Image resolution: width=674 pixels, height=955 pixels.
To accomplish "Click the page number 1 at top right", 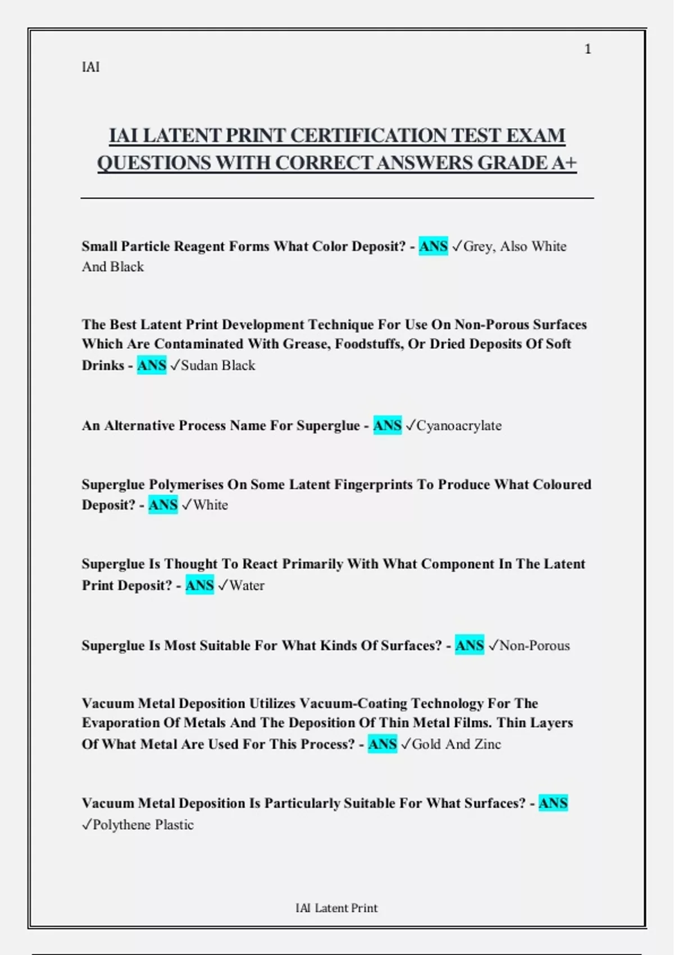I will click(x=588, y=49).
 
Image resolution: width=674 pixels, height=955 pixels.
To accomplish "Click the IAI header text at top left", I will click(x=90, y=67).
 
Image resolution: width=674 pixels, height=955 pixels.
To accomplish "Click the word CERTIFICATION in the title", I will click(x=368, y=136).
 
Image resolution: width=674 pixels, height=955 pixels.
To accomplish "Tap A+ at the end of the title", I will click(x=563, y=163).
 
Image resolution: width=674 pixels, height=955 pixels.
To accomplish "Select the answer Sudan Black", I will click(x=218, y=366).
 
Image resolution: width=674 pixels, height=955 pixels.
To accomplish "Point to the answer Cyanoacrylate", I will click(x=459, y=426).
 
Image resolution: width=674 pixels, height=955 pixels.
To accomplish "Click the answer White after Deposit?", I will click(x=211, y=505).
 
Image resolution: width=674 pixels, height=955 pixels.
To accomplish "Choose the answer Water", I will click(x=247, y=585).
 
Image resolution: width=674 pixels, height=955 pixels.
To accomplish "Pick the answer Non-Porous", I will click(x=535, y=645).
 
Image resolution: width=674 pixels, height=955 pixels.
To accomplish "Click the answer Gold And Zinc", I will click(x=456, y=744).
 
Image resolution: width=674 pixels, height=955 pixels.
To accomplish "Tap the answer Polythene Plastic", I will click(x=143, y=825).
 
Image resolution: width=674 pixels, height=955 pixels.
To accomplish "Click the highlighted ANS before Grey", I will click(x=434, y=247).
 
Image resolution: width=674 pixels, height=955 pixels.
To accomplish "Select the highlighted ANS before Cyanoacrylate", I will click(x=388, y=426).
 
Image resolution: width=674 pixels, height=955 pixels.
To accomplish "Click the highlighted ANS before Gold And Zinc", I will click(x=382, y=744).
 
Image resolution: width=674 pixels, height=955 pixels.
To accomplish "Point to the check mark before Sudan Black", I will click(x=175, y=366).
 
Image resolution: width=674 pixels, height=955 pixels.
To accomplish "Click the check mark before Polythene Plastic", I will click(x=86, y=825).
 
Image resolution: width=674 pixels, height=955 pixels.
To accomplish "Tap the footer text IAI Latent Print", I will click(x=336, y=908).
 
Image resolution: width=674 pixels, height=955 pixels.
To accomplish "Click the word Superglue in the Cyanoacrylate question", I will click(x=328, y=426).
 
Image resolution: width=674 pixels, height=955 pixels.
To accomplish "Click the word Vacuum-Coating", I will click(x=353, y=703).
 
